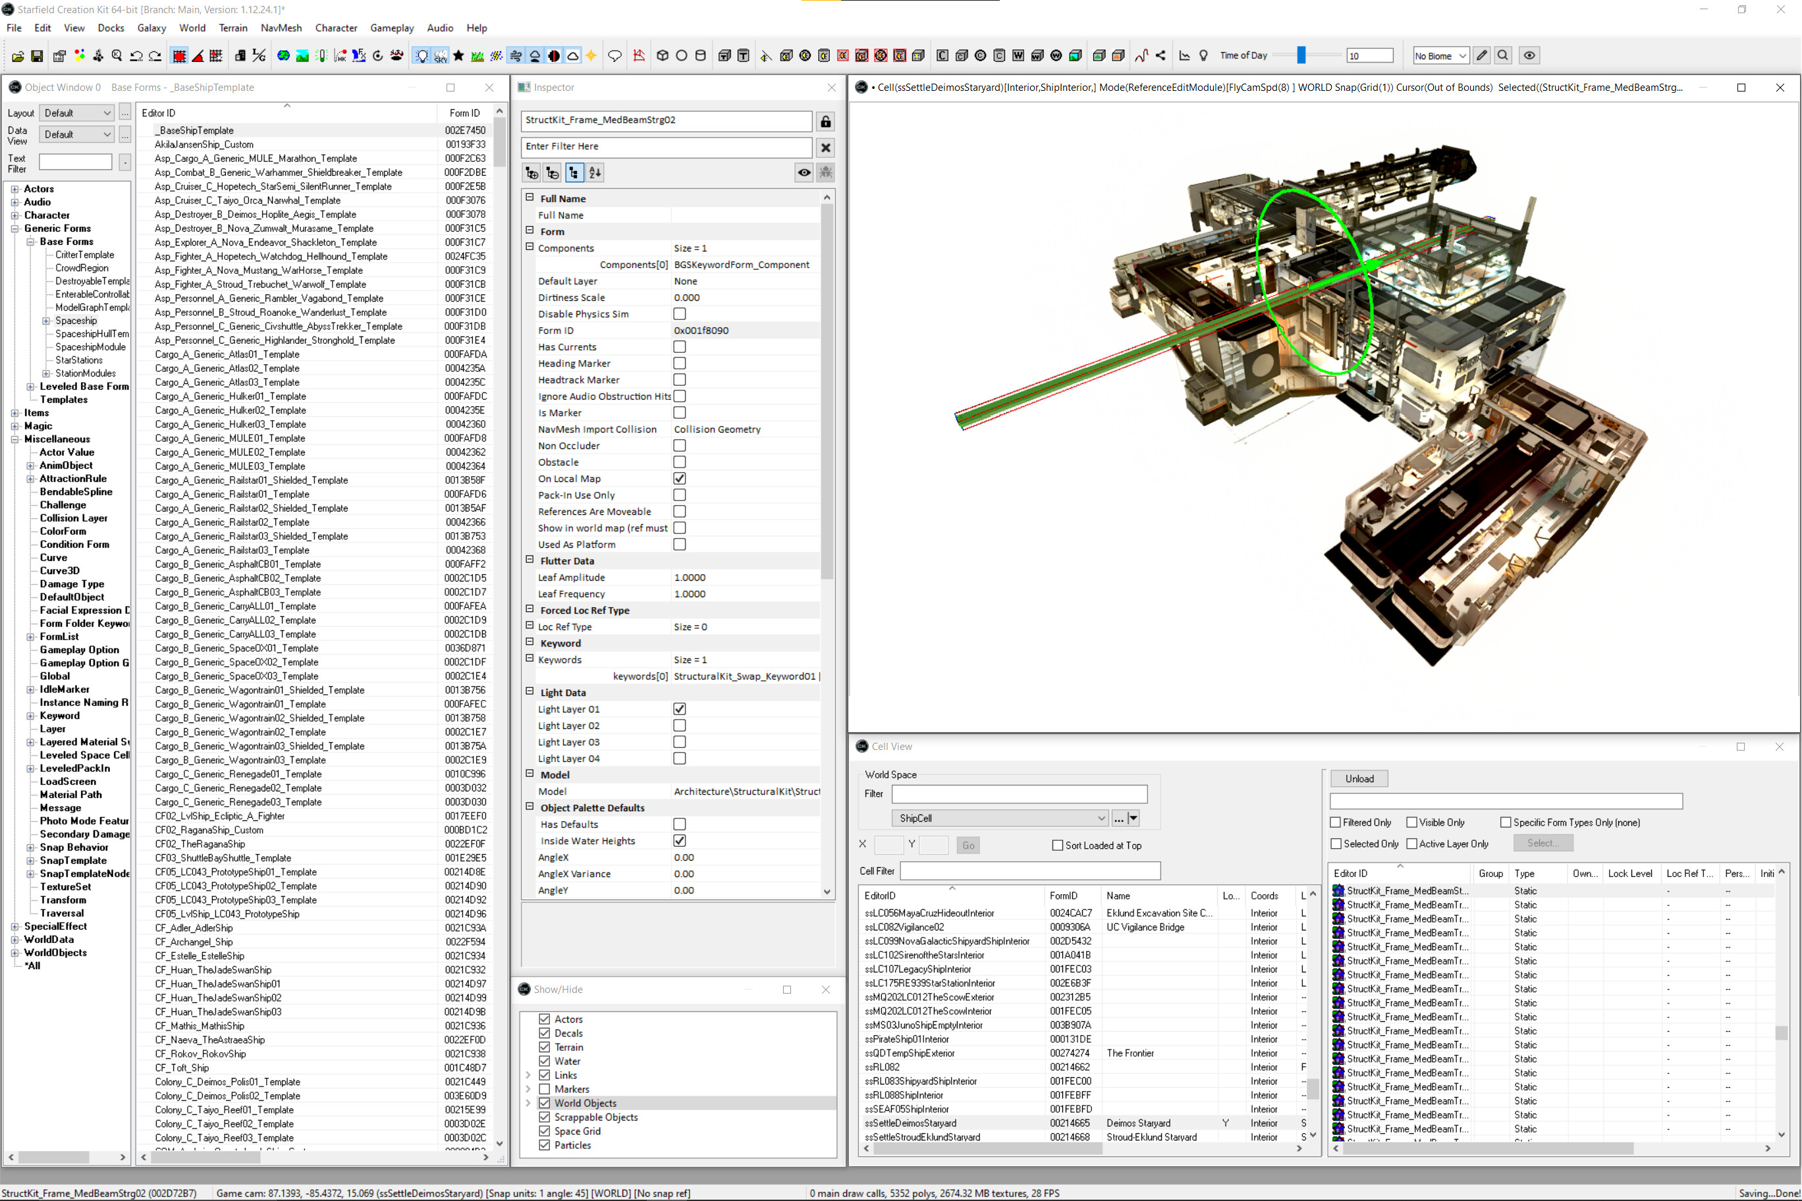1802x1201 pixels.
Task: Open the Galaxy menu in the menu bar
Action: tap(151, 28)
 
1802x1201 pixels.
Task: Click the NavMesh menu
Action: tap(281, 28)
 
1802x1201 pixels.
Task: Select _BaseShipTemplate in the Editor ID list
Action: tap(196, 130)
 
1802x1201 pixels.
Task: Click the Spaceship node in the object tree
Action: tap(76, 321)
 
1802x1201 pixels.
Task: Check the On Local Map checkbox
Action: tap(680, 479)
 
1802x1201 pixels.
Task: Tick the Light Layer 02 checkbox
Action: tap(680, 726)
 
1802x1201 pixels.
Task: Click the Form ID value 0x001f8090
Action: tap(701, 330)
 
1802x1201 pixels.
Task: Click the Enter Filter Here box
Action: tap(665, 146)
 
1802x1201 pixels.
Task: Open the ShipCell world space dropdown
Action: tap(1000, 818)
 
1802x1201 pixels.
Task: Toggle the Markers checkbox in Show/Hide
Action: tap(545, 1089)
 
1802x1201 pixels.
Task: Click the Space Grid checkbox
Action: tap(545, 1131)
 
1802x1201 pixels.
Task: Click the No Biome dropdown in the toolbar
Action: tap(1440, 56)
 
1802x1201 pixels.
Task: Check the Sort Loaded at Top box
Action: tap(1058, 845)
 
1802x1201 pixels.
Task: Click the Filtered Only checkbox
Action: tap(1336, 822)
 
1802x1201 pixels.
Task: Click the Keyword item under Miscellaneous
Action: tap(59, 715)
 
